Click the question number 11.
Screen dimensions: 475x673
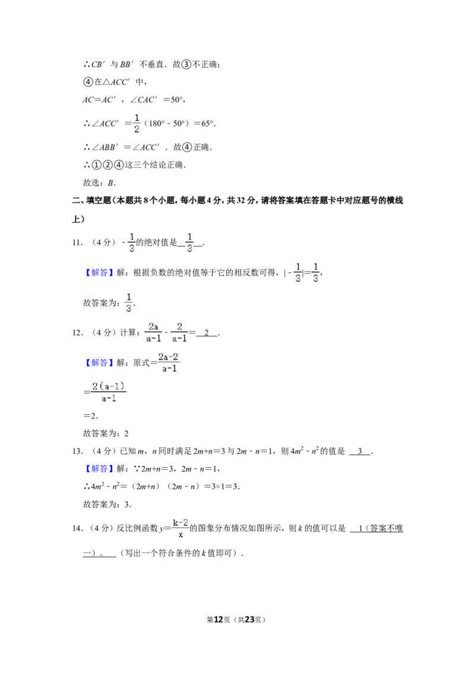[x=77, y=243]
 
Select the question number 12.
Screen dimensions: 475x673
[x=77, y=333]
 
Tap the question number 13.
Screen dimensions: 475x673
[x=77, y=451]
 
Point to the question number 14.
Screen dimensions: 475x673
[x=77, y=529]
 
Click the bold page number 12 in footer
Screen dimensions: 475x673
[x=218, y=619]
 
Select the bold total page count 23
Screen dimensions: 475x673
[x=249, y=619]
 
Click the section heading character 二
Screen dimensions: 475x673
[x=76, y=200]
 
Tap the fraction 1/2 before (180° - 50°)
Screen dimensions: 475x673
[x=137, y=123]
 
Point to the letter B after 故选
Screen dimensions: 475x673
[x=110, y=183]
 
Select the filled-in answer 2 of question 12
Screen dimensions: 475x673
[x=207, y=333]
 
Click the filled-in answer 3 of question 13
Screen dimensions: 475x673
[x=360, y=451]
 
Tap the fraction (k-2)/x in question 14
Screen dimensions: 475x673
[x=180, y=529]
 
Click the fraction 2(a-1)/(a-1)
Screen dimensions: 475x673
[x=109, y=392]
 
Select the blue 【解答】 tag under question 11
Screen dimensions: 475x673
[x=99, y=272]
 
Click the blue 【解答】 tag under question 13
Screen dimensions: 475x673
[x=99, y=468]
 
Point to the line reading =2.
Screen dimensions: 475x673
[x=90, y=416]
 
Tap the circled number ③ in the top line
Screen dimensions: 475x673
[x=186, y=64]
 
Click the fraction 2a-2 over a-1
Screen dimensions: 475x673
[x=168, y=363]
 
